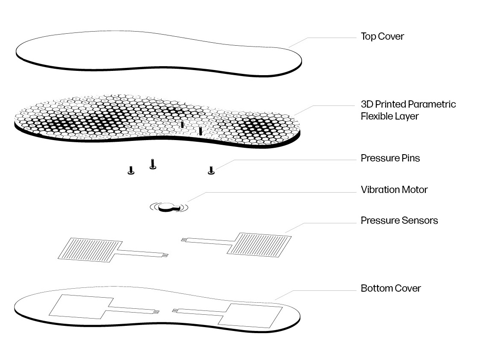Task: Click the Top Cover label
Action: [382, 37]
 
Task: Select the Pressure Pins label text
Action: [390, 158]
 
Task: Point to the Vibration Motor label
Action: [394, 190]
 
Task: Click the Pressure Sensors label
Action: [399, 220]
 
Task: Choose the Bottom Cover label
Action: [391, 288]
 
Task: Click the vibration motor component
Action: [169, 207]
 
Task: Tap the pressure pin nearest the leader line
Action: [211, 170]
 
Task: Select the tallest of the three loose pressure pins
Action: [152, 164]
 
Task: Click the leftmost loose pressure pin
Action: [131, 170]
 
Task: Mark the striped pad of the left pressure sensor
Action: [90, 250]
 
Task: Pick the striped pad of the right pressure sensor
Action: [259, 245]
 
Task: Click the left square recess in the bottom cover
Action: [81, 307]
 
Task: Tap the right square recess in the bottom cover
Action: [250, 316]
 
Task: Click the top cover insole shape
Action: [159, 54]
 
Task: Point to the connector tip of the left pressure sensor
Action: [166, 255]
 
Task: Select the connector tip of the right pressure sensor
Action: [184, 240]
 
